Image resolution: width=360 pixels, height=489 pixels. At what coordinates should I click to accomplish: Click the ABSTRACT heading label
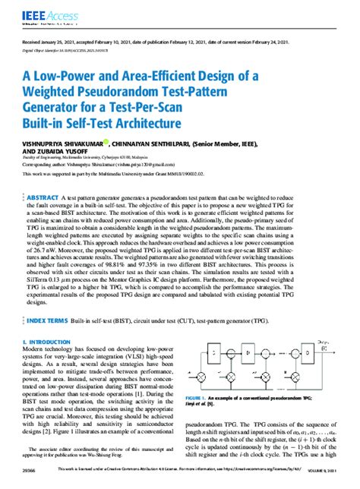coord(43,197)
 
